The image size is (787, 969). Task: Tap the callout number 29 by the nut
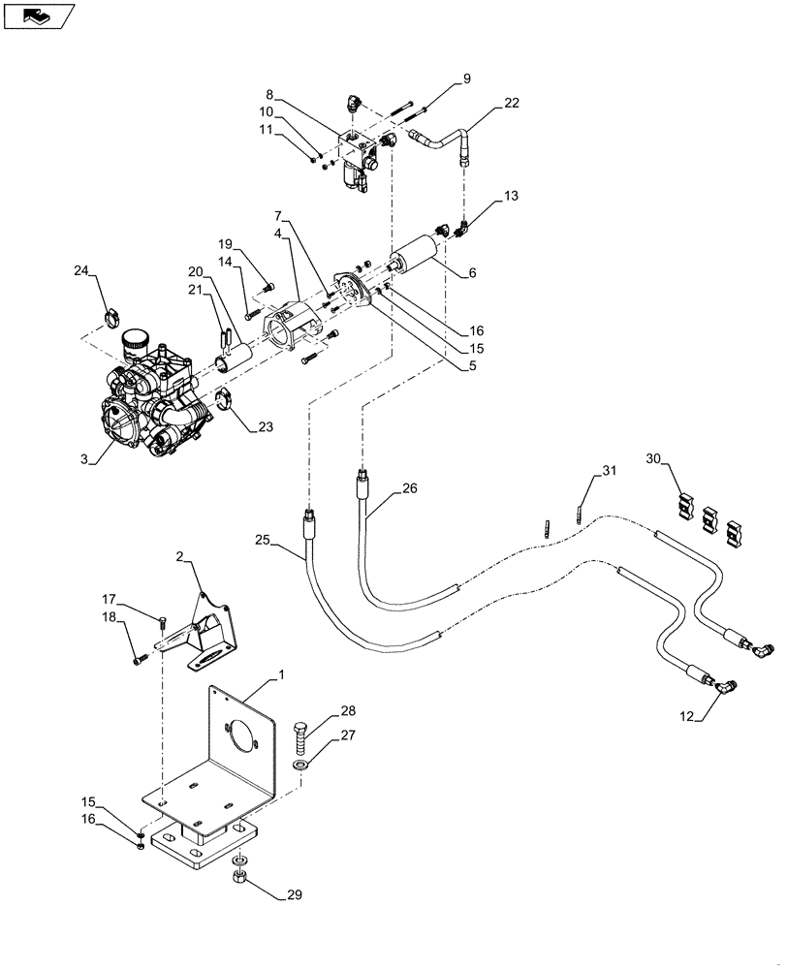click(x=293, y=894)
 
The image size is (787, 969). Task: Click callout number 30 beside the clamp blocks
click(x=653, y=459)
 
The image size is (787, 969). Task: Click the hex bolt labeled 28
click(x=299, y=735)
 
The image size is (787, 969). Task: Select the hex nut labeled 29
click(x=238, y=879)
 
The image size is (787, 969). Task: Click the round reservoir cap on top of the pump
click(x=135, y=338)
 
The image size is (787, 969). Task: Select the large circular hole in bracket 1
click(x=238, y=734)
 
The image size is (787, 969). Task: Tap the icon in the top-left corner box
click(x=39, y=16)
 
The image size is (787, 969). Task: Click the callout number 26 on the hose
click(x=408, y=489)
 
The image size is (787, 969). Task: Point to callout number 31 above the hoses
click(x=608, y=472)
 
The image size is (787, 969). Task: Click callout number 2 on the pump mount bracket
click(x=180, y=556)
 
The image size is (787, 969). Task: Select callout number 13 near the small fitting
click(x=511, y=197)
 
